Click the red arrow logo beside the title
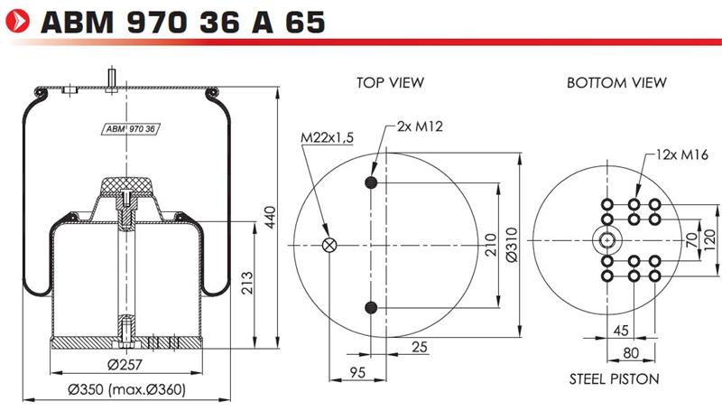[17, 21]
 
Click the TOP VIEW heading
[390, 83]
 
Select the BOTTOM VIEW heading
[616, 83]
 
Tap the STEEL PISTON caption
[615, 379]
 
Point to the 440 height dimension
[271, 217]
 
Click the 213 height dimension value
[247, 283]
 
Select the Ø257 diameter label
[125, 365]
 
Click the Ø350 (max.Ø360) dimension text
[127, 389]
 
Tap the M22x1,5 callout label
[327, 137]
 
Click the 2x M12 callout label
[420, 126]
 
